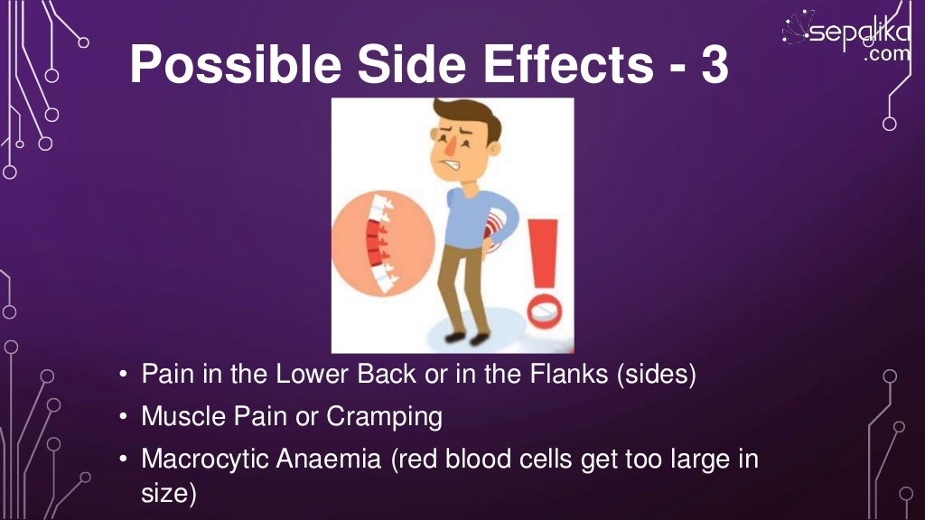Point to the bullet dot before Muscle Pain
pyautogui.click(x=123, y=418)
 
